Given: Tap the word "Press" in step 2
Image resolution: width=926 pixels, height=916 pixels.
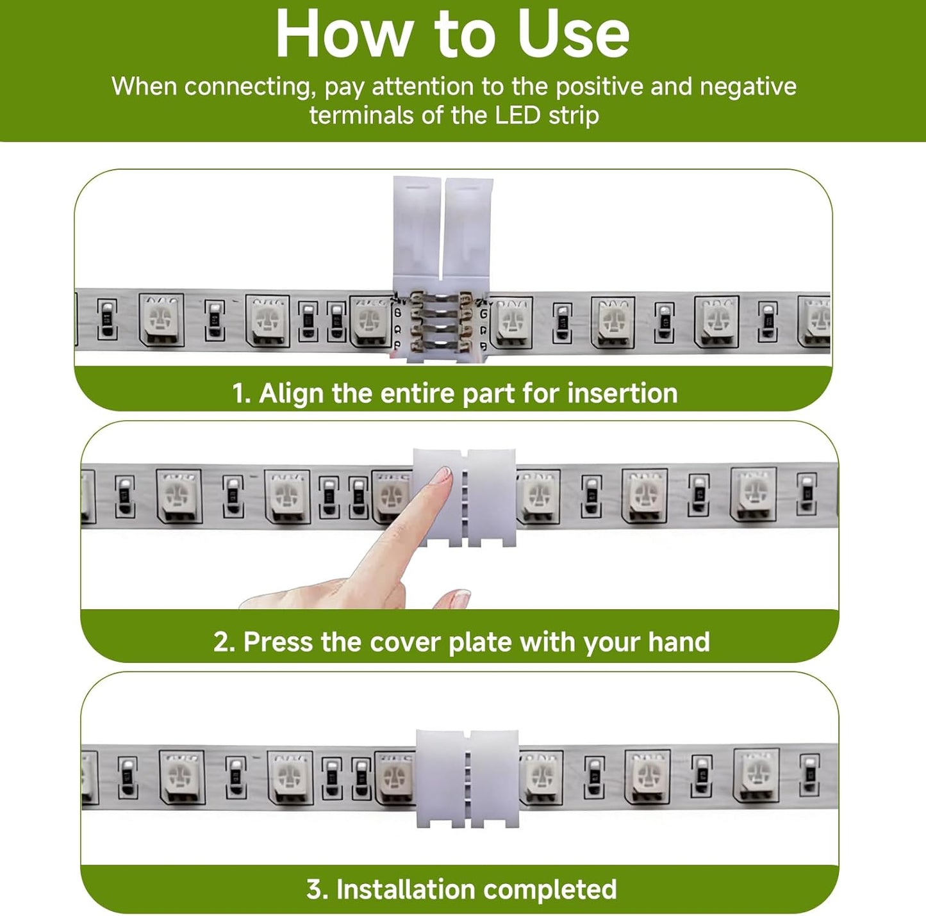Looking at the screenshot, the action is coord(278,641).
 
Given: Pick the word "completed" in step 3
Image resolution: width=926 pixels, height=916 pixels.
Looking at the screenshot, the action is coord(550,889).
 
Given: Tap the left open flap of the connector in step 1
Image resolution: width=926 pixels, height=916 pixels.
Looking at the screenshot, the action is coord(417,234).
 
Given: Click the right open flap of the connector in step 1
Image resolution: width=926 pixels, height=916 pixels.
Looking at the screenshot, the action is coord(468,234).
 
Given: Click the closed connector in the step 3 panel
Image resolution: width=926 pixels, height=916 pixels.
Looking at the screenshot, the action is coord(467,778).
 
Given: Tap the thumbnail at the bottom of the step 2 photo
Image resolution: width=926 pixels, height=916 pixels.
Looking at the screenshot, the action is coord(457,599).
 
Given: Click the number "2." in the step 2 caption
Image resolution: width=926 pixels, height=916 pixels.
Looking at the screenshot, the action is coord(224,642).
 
